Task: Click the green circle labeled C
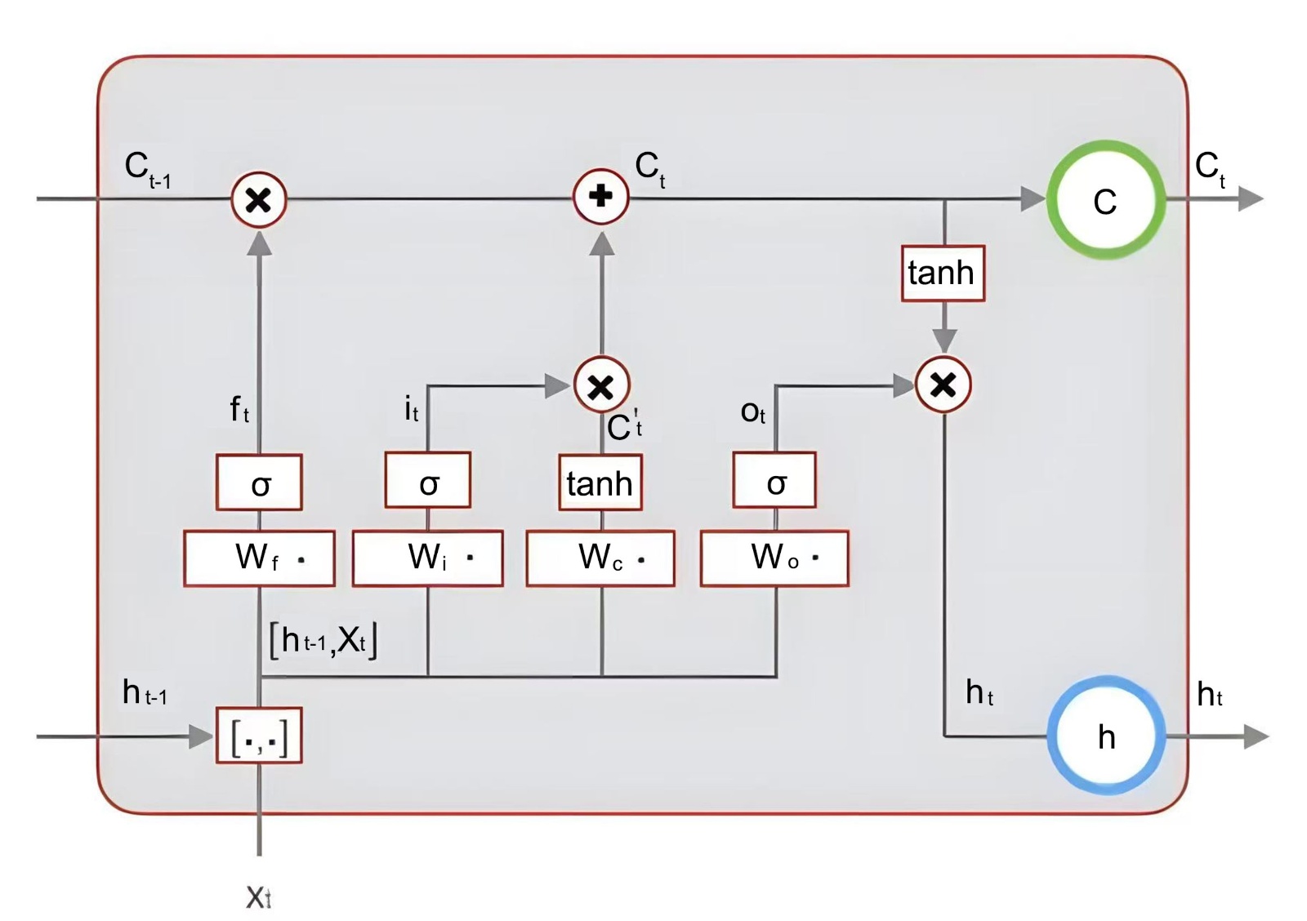[1105, 200]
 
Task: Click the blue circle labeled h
[1106, 736]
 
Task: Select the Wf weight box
[259, 558]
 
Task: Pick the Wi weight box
[427, 558]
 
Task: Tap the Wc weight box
[600, 558]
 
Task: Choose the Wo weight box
[774, 558]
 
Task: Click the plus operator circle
[601, 197]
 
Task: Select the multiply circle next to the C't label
[601, 385]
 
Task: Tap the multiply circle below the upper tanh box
[943, 385]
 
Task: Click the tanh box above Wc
[600, 483]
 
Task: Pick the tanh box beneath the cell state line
[943, 274]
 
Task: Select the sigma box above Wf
[259, 483]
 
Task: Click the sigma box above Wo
[774, 482]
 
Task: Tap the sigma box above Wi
[427, 482]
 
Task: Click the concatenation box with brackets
[259, 736]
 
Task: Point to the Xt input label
[259, 897]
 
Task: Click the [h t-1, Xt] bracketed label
[323, 640]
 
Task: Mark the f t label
[239, 408]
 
